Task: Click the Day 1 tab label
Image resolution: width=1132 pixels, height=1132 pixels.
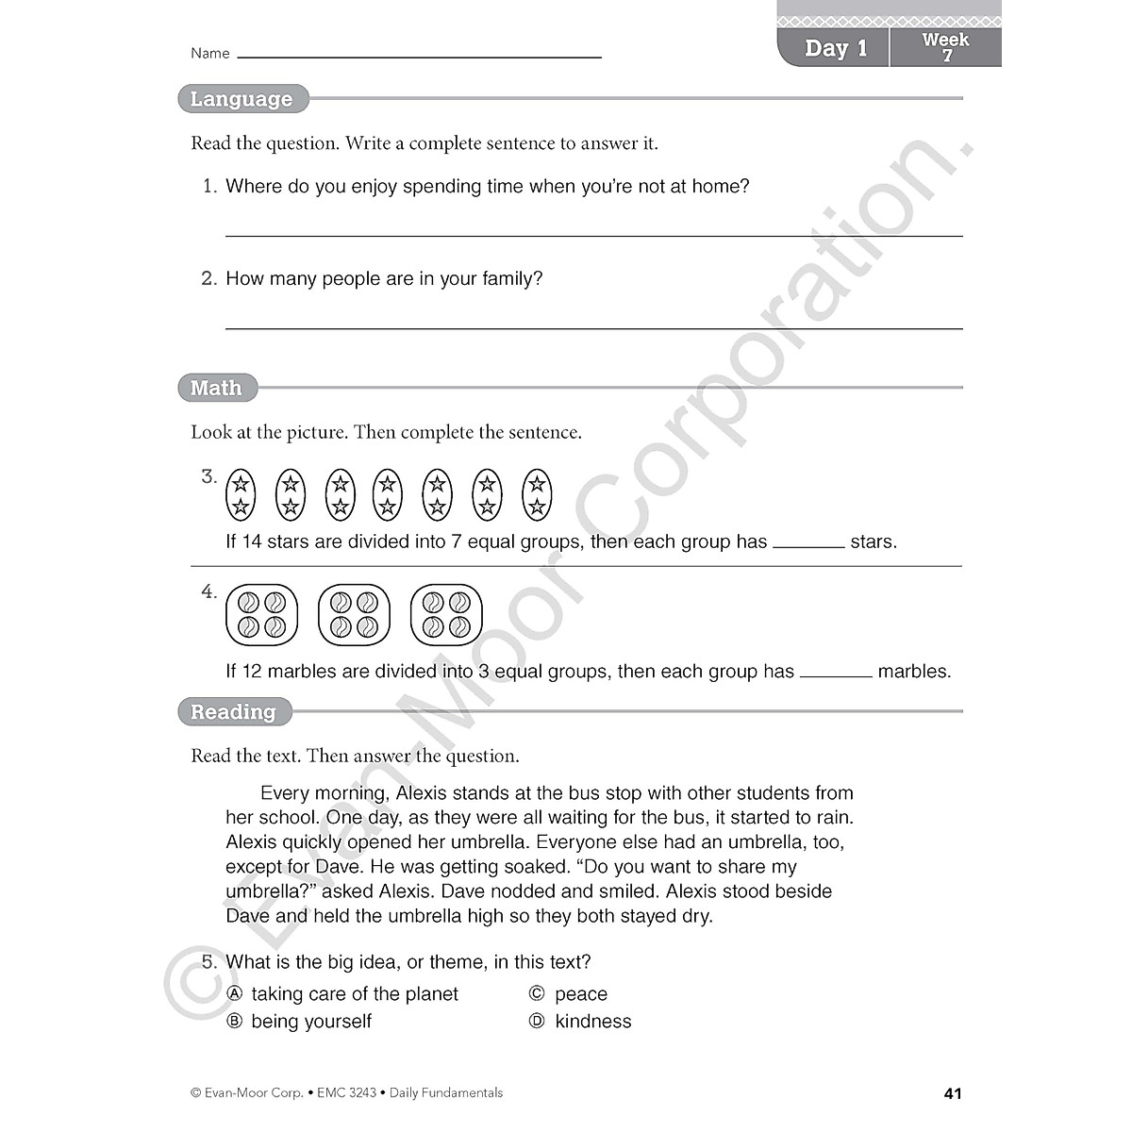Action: (x=835, y=48)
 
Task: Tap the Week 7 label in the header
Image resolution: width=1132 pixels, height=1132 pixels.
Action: (x=945, y=47)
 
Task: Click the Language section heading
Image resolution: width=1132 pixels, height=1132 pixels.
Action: (x=241, y=99)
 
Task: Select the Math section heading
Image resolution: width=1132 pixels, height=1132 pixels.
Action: (x=216, y=388)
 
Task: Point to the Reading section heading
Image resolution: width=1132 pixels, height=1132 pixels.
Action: (x=233, y=712)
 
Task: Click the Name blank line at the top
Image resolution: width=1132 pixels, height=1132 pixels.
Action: (x=419, y=56)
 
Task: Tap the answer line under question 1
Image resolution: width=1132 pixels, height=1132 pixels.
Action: (x=593, y=234)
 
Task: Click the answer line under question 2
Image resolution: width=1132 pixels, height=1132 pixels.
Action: (x=593, y=326)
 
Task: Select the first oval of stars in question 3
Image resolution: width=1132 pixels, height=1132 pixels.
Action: (x=241, y=495)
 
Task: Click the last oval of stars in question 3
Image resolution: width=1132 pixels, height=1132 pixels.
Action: (x=537, y=495)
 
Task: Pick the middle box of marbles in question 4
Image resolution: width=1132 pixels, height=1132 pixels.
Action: (x=354, y=615)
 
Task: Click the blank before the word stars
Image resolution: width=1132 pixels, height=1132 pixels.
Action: (x=808, y=544)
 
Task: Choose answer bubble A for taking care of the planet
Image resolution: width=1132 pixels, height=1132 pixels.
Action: (x=235, y=993)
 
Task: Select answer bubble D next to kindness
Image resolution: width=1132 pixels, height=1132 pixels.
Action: (x=537, y=1021)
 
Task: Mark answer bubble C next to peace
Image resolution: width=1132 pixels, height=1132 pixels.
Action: (x=537, y=993)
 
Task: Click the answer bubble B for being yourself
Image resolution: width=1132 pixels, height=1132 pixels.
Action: (x=235, y=1021)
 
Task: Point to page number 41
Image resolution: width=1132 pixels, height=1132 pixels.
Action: (x=952, y=1093)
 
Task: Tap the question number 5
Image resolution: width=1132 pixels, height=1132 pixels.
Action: (x=209, y=962)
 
